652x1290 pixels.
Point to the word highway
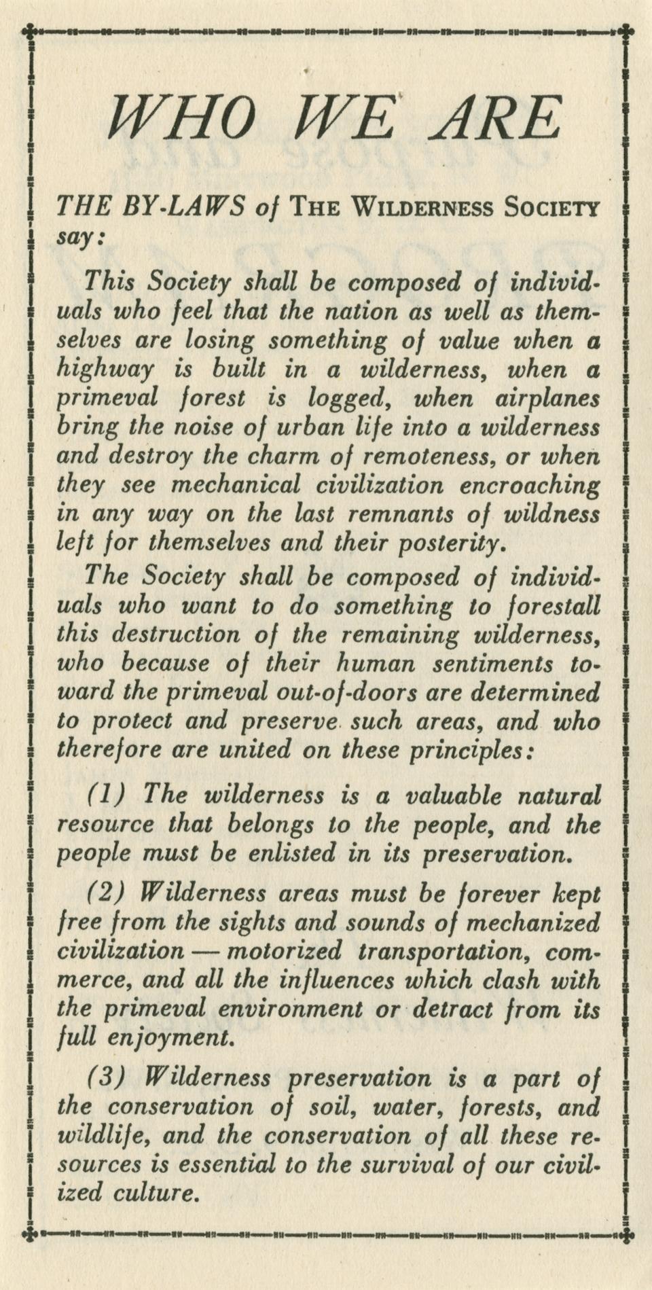(x=105, y=370)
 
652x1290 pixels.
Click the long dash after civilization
(x=205, y=951)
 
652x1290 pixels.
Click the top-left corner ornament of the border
(x=29, y=30)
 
